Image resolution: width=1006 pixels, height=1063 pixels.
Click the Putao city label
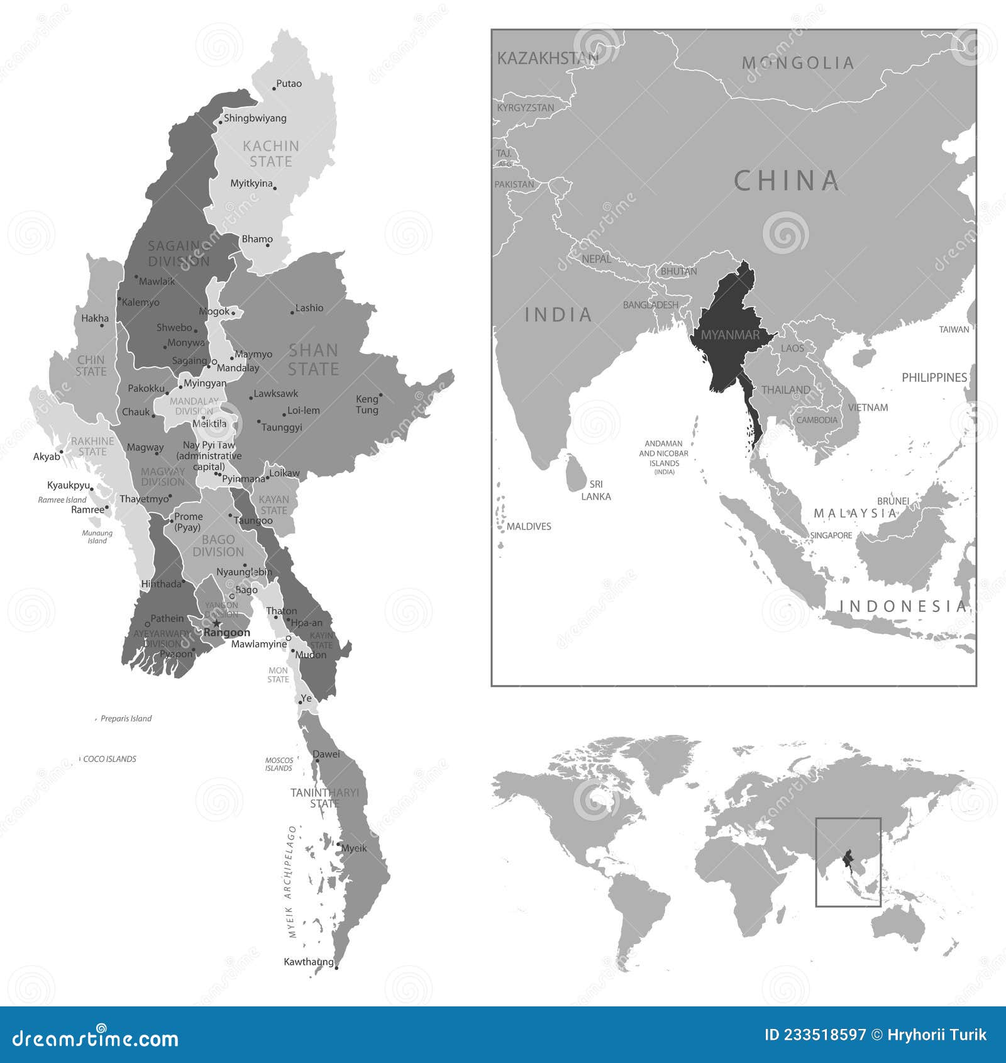pos(289,84)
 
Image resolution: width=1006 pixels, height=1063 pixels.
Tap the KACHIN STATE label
pos(271,154)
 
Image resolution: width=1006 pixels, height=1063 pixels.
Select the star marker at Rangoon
pos(217,623)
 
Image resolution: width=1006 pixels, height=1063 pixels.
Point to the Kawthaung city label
pos(308,962)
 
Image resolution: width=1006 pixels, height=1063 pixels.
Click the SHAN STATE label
pos(313,359)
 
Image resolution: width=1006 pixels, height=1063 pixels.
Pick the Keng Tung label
pos(367,404)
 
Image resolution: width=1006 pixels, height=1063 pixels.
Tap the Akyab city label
pos(47,457)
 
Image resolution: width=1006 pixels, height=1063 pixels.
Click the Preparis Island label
pos(126,718)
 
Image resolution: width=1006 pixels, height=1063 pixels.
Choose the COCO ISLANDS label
pos(109,759)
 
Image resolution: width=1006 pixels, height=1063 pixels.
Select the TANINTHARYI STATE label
pos(324,798)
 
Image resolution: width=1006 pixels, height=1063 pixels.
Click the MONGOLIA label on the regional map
pos(797,63)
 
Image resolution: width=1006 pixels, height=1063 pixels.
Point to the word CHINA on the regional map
pos(787,181)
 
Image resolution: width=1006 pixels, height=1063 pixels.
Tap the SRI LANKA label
pos(595,490)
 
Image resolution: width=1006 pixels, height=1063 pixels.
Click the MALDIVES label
pos(529,526)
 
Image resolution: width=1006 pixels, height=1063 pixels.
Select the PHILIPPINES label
pos(934,377)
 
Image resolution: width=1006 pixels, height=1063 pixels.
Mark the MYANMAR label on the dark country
pos(730,335)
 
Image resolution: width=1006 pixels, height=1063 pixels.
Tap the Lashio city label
pos(309,308)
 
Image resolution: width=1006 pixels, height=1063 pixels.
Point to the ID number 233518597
pos(815,1035)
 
